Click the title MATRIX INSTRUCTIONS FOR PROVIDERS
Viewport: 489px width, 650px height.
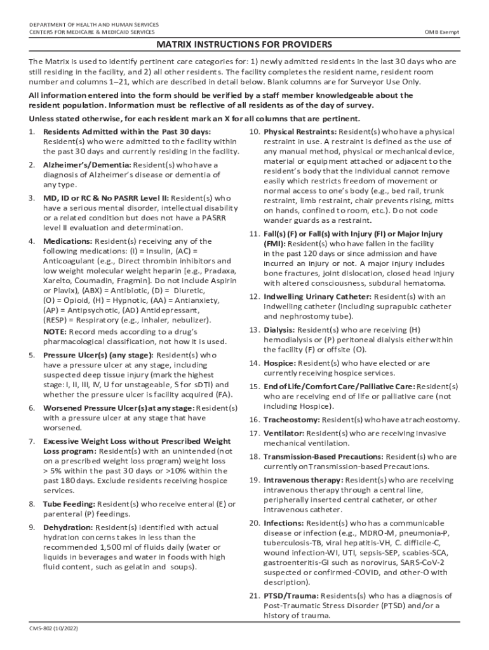(245, 46)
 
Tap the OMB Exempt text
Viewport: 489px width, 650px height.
(442, 32)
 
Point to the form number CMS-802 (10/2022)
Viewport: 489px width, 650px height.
(53, 629)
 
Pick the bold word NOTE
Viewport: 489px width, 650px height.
(56, 331)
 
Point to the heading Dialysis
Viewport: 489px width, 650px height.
(279, 330)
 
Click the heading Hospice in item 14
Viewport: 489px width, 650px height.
(279, 363)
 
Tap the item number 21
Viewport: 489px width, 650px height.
(253, 596)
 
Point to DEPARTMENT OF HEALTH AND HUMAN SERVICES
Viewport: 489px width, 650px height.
(94, 25)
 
